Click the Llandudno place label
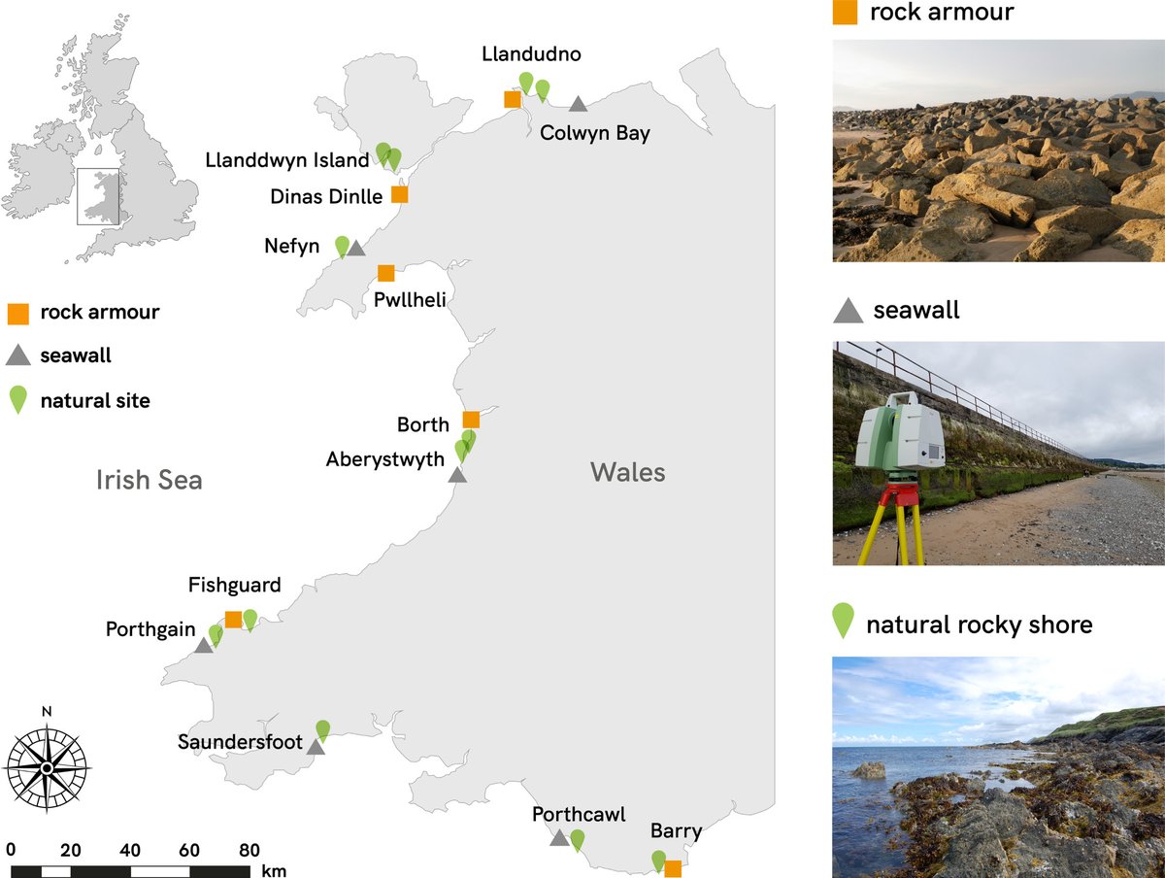coord(531,54)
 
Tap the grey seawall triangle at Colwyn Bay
coord(578,104)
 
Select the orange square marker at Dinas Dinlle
coord(399,194)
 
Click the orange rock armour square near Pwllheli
coord(386,273)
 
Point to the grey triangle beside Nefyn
coord(356,249)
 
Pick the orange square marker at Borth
coord(471,420)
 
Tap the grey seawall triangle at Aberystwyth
coord(457,475)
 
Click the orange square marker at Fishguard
coord(233,619)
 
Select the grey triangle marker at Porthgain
coord(204,645)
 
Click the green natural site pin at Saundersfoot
coord(323,728)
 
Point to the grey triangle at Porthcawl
coord(559,837)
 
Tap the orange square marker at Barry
coord(673,869)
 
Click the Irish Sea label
coord(150,479)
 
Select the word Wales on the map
coord(628,473)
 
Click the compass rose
coord(47,767)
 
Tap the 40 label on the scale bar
coord(130,850)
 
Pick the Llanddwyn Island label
coord(287,160)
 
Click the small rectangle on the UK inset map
coord(98,197)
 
